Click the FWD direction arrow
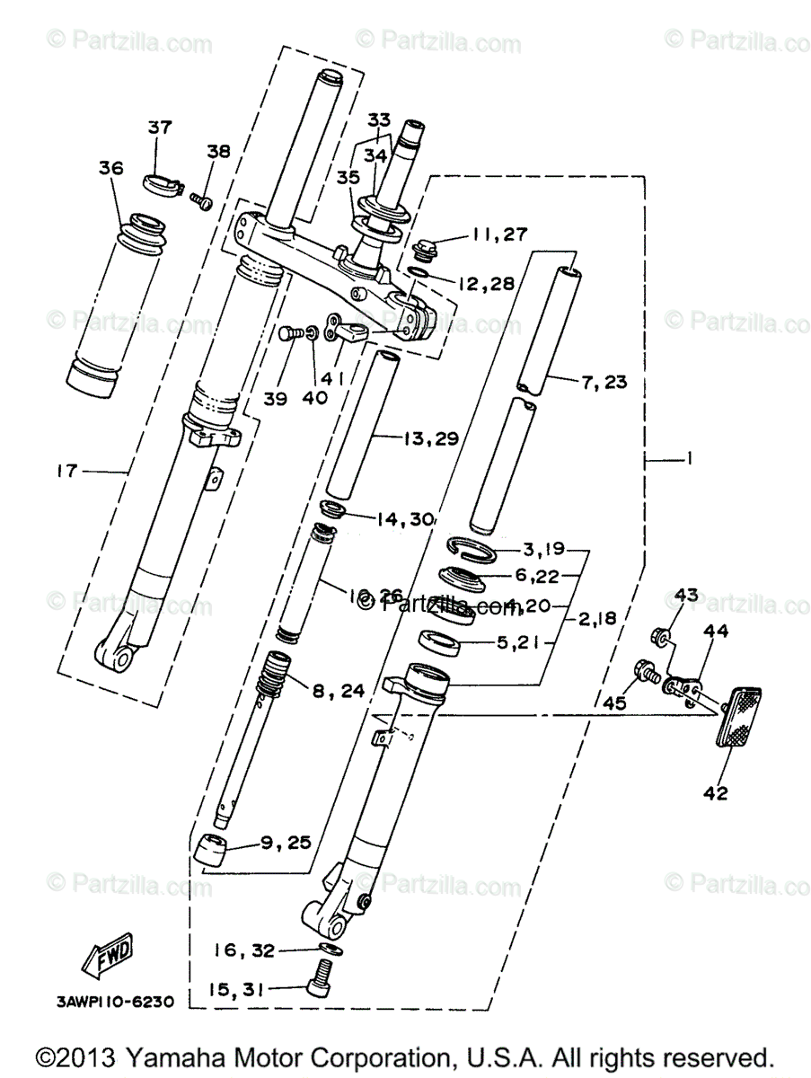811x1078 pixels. point(108,956)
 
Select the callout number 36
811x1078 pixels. point(110,168)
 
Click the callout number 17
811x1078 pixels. point(67,469)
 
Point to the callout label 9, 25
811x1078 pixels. point(286,842)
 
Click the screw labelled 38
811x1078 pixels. point(201,199)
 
